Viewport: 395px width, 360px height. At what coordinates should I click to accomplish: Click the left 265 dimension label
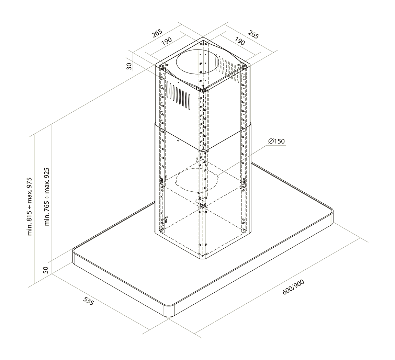pos(156,33)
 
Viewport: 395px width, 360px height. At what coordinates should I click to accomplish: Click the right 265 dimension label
pos(253,34)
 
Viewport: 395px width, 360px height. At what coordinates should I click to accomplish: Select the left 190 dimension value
pos(166,42)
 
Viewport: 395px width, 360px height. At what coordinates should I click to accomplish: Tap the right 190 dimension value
pos(240,41)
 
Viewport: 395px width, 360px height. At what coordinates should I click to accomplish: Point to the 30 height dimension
pos(129,66)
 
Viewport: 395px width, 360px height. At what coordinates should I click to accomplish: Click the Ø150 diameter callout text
pos(277,141)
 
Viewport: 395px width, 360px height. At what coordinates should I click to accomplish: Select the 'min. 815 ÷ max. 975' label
pos(30,206)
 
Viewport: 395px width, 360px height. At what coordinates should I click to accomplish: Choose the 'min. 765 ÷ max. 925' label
pos(47,196)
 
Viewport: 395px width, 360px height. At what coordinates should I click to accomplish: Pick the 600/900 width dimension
pos(293,287)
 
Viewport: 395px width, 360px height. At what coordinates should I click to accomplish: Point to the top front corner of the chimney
pos(202,90)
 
